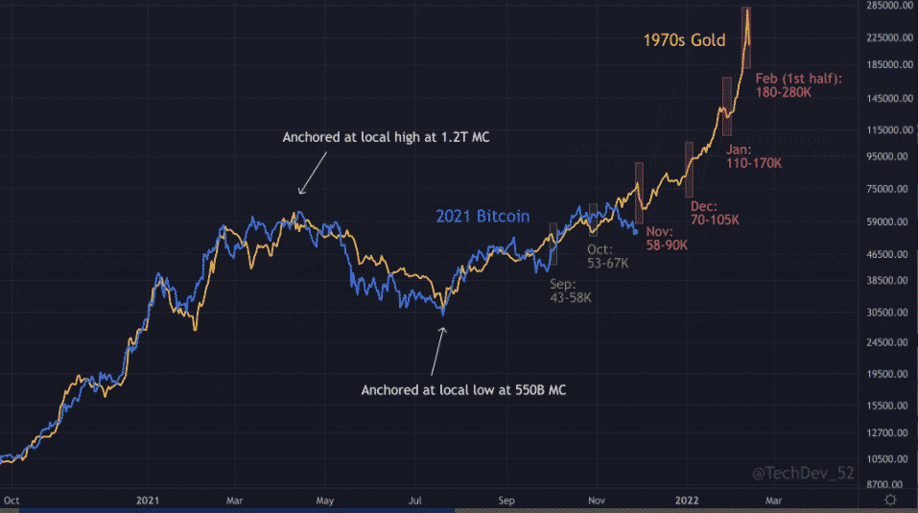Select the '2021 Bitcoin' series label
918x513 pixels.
[x=483, y=217]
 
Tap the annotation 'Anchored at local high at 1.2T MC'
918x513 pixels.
[x=387, y=138]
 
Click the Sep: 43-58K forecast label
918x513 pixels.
[x=570, y=291]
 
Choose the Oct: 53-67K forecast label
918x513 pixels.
[x=607, y=256]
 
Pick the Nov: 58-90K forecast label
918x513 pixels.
[x=665, y=239]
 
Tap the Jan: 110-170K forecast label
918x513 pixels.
[x=753, y=156]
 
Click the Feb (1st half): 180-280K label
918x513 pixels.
[x=798, y=85]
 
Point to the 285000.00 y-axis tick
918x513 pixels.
[x=885, y=6]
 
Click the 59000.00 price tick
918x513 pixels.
[x=887, y=222]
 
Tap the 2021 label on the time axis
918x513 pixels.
[x=147, y=500]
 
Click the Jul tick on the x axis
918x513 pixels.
[x=416, y=500]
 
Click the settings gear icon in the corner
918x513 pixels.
[x=891, y=500]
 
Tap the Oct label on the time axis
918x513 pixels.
[x=12, y=500]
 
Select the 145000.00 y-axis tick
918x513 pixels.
[x=885, y=99]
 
